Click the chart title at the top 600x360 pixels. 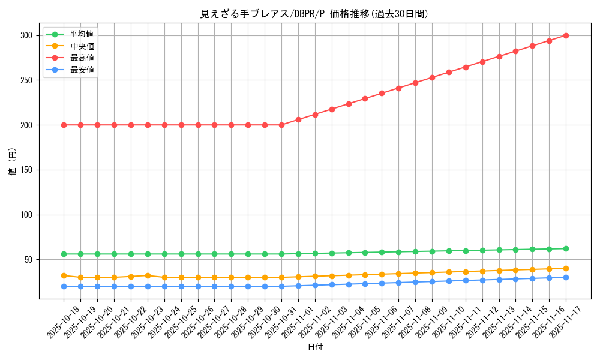314,14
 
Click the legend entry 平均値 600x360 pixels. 82,34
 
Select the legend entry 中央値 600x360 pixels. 82,46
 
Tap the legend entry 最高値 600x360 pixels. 82,58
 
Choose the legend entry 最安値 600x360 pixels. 82,70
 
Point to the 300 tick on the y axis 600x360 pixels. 28,35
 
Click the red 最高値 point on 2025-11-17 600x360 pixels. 566,35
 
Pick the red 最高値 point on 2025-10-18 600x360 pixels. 64,125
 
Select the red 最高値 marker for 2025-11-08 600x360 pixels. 415,83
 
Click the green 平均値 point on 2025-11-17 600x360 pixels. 566,248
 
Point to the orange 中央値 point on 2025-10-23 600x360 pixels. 148,275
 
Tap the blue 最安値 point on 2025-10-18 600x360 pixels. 64,286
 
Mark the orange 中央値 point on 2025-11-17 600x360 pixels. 566,268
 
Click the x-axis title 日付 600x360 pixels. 315,347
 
